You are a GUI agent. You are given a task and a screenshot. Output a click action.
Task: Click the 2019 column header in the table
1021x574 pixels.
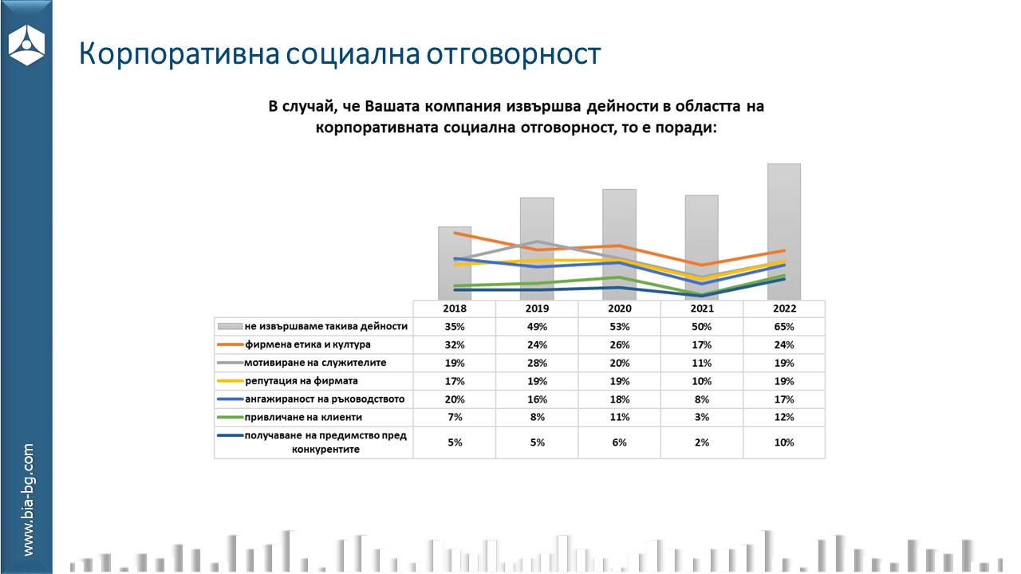(537, 309)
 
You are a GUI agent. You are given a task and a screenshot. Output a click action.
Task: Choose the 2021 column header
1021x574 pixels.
(702, 309)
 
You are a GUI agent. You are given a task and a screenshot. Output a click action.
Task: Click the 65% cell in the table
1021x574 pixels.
(784, 326)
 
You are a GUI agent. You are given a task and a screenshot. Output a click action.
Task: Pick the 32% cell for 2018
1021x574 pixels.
(455, 345)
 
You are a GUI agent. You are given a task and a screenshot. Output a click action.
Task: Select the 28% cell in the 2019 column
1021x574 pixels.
(537, 364)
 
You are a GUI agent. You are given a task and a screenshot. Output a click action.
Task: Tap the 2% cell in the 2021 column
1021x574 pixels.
(702, 442)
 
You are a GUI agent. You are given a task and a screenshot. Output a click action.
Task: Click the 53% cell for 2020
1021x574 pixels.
(620, 326)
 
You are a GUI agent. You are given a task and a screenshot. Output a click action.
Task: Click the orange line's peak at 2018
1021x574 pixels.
(455, 233)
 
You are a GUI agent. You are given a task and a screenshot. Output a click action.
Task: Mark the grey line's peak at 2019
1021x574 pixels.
(537, 242)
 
